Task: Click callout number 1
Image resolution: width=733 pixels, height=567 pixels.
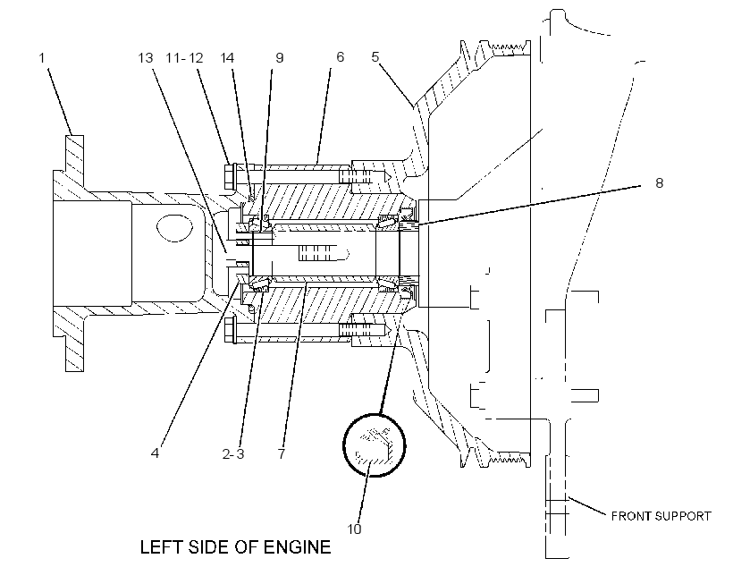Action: tap(42, 58)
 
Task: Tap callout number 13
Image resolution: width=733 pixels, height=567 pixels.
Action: tap(146, 57)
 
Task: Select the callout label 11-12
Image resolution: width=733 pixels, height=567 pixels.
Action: tap(185, 57)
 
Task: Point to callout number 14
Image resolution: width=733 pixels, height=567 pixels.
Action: tap(227, 57)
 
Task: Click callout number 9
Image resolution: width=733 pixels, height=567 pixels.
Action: tap(280, 57)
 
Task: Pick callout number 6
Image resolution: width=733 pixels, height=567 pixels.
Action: tap(340, 56)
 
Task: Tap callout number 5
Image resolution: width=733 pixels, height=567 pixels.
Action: tap(375, 56)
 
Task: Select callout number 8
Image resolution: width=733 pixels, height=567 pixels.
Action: tap(659, 182)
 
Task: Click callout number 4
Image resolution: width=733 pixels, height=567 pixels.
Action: tap(155, 453)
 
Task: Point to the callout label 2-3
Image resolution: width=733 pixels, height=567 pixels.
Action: tap(233, 453)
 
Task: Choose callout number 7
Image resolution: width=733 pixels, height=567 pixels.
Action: tap(281, 453)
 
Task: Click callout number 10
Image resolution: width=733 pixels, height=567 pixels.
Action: tap(354, 529)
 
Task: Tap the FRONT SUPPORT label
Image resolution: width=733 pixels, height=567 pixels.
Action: tap(661, 516)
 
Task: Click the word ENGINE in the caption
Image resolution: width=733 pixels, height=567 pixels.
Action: tap(297, 547)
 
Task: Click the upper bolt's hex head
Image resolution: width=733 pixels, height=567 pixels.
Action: tap(229, 176)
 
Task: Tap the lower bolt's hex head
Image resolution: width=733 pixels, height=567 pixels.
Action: tap(229, 330)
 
